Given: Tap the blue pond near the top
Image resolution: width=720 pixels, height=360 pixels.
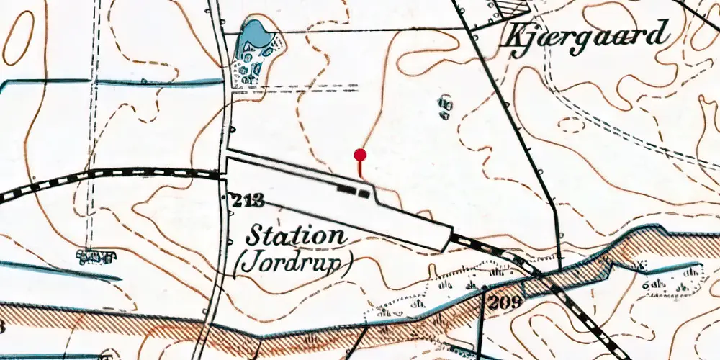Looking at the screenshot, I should [x=253, y=35].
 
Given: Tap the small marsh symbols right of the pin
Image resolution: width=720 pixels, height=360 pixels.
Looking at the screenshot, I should [x=445, y=108].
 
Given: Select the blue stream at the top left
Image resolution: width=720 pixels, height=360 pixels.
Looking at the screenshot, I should [x=108, y=83].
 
